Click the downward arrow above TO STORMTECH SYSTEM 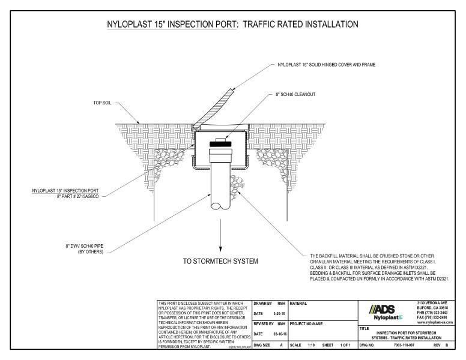click(x=221, y=239)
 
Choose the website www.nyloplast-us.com click(x=434, y=322)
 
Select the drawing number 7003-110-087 click(x=401, y=346)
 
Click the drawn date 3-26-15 click(x=276, y=313)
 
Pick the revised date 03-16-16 click(x=276, y=334)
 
